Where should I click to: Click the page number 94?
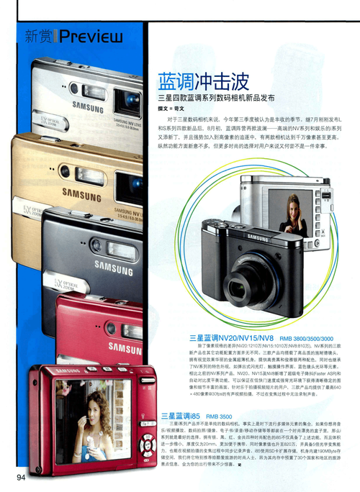click(x=17, y=478)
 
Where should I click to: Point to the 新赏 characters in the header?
click(x=40, y=35)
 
